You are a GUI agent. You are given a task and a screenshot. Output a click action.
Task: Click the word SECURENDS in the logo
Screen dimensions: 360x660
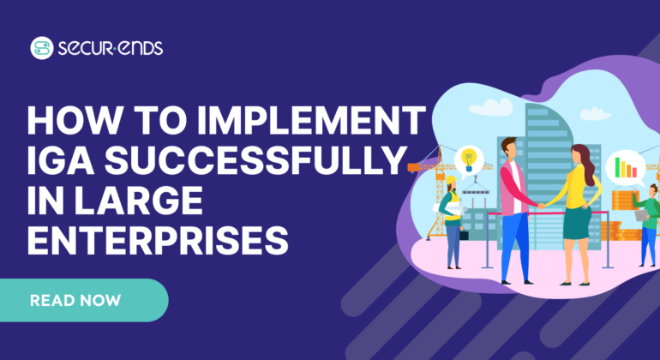coord(109,48)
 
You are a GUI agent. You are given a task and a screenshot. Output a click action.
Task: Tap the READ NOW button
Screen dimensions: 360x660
coord(75,300)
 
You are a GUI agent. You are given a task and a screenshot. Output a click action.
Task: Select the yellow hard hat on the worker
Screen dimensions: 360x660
coord(451,181)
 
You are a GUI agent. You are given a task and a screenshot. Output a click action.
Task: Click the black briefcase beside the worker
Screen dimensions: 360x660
coord(464,233)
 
